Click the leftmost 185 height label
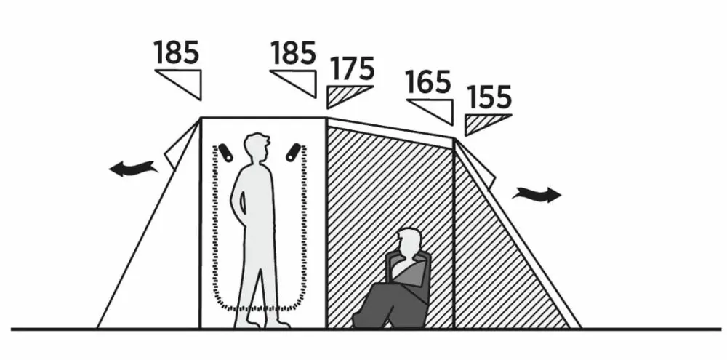tap(177, 52)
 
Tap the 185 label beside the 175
tap(293, 52)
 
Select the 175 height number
tap(353, 68)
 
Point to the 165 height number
tap(428, 82)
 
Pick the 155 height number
tap(489, 97)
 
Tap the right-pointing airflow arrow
tap(537, 194)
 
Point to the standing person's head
tap(257, 148)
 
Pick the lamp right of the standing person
tap(293, 153)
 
